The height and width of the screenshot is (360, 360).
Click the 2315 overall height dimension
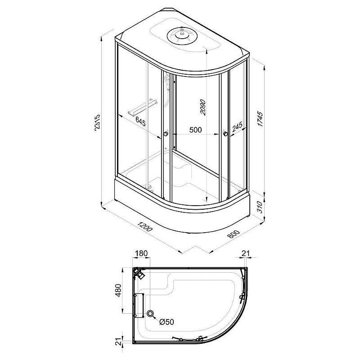(x=97, y=122)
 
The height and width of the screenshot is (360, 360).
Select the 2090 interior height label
(x=203, y=107)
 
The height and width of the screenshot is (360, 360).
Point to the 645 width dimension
(x=140, y=121)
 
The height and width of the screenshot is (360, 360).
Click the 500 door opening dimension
(x=196, y=130)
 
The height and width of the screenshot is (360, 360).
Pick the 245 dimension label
(x=237, y=127)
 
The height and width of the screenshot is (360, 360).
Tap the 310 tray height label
(x=259, y=207)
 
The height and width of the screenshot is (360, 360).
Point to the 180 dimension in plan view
(x=141, y=253)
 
